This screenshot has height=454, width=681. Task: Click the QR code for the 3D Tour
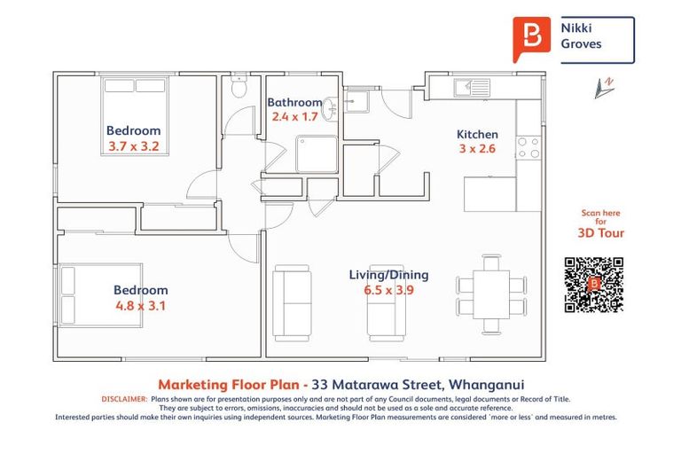594,285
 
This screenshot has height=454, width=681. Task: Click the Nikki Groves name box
597,39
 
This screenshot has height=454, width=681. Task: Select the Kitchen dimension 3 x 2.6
477,149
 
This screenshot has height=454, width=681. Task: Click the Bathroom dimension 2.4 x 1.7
295,116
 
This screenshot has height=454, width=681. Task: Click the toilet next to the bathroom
237,87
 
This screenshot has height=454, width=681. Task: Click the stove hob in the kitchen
528,148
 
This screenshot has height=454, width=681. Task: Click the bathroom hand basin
330,107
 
